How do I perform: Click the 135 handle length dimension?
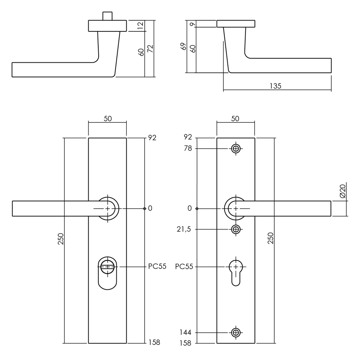tap(275, 86)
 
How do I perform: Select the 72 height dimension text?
tap(150, 49)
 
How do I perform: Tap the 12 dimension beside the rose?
tap(140, 26)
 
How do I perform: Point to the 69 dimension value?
tap(183, 46)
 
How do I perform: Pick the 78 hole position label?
tap(188, 149)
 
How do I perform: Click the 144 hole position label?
tap(186, 333)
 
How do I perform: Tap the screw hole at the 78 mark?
tap(236, 149)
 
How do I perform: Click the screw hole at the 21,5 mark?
tap(236, 229)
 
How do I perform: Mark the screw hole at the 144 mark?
tap(236, 333)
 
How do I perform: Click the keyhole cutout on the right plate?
tap(236, 272)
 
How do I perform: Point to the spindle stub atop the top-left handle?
tap(107, 16)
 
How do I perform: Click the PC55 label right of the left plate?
tap(157, 267)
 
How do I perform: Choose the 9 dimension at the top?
tap(193, 24)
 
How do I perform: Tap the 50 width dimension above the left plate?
tap(107, 119)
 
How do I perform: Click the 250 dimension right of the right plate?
tap(271, 238)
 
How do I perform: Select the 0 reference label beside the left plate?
tap(150, 208)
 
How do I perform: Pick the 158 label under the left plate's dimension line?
tap(154, 342)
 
